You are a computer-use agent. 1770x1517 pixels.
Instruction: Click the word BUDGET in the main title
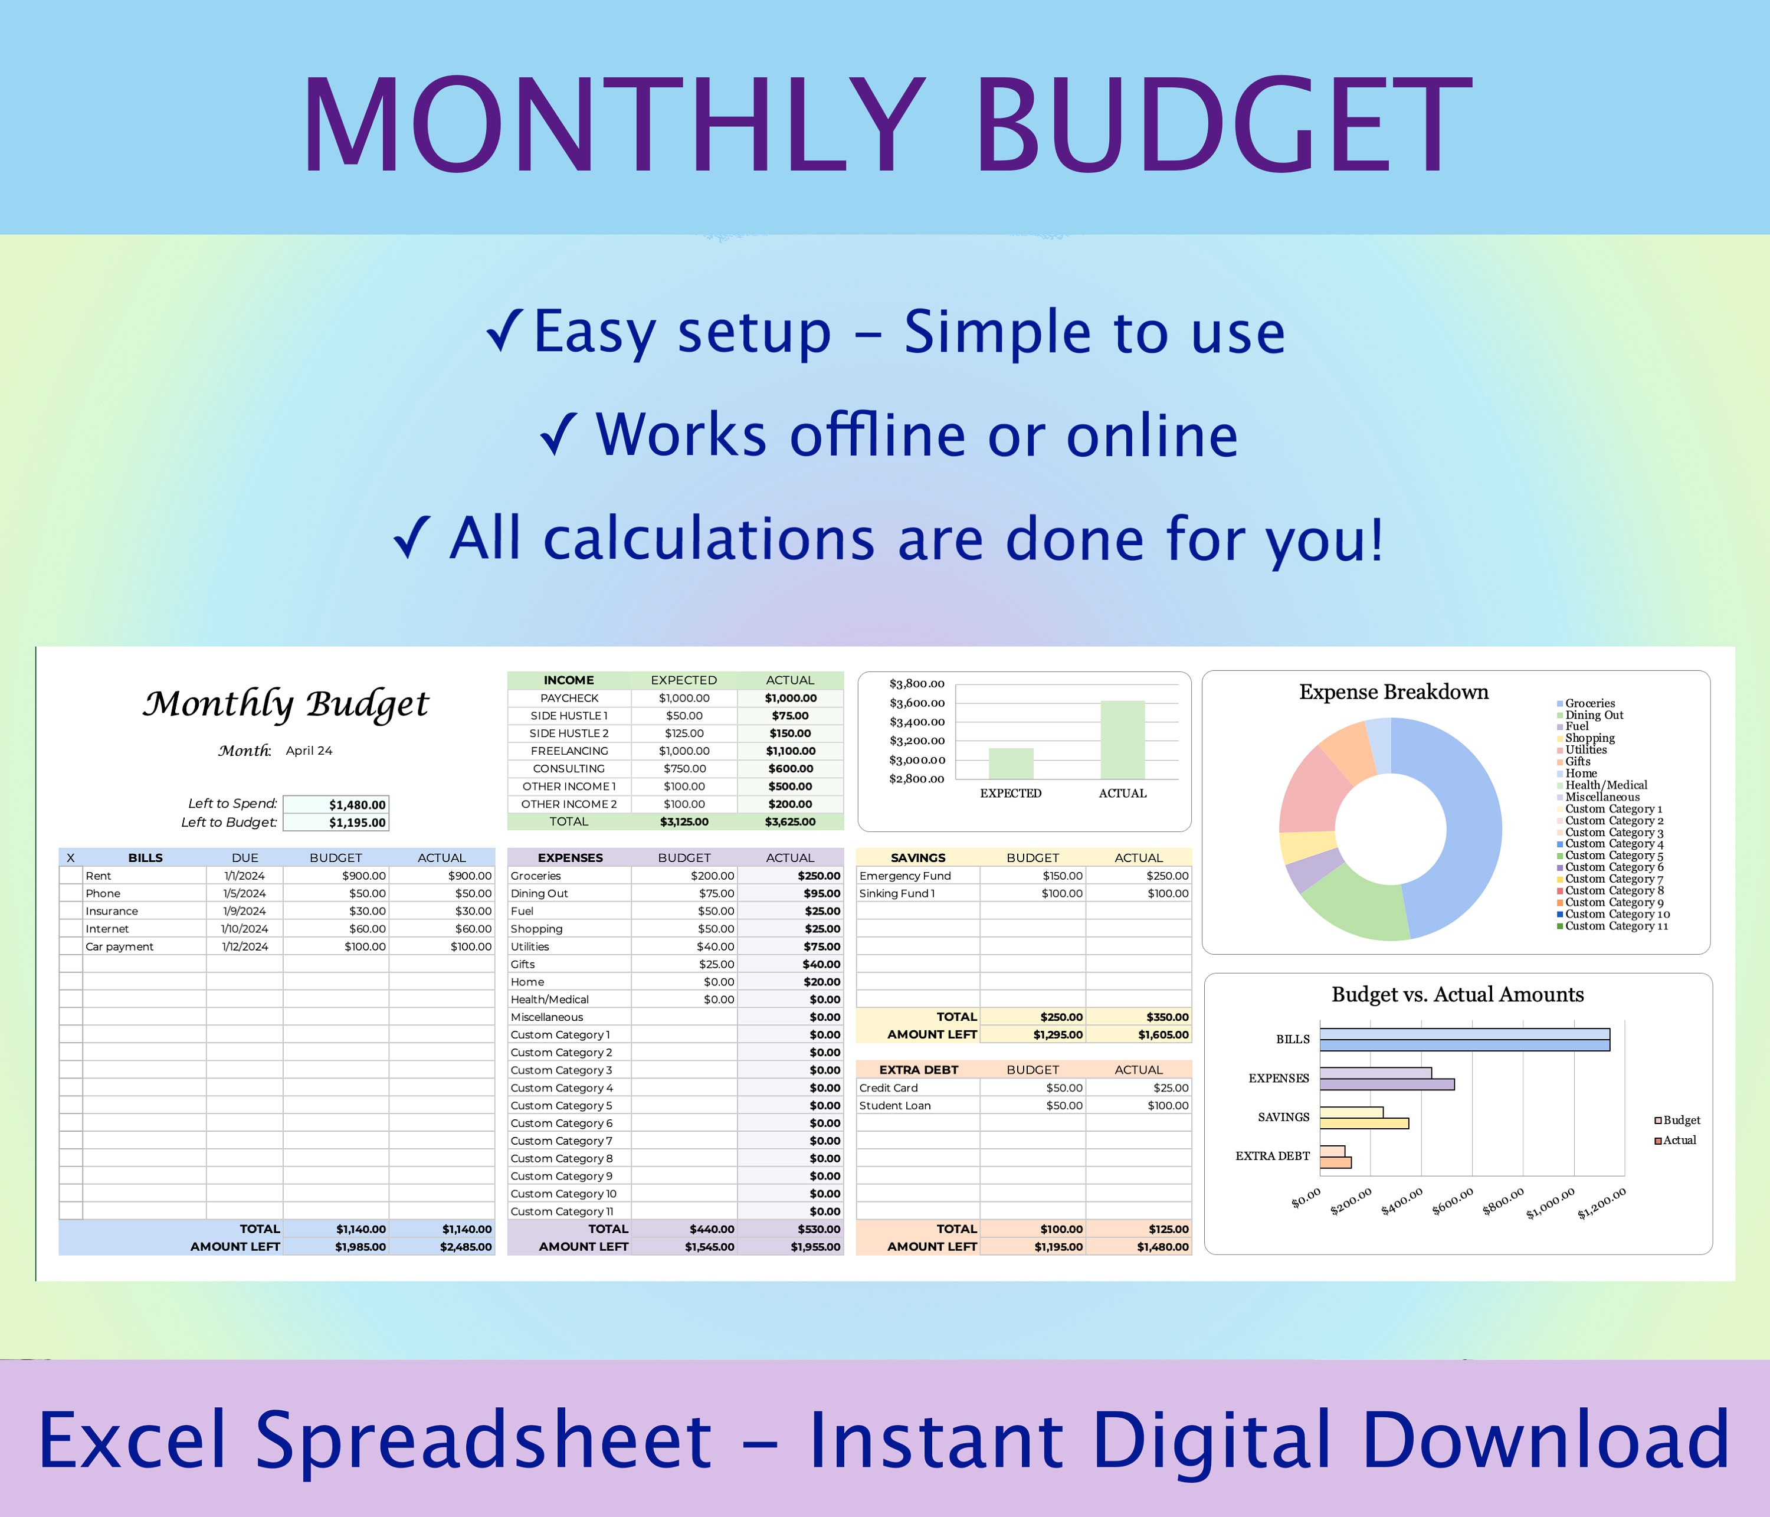[x=1221, y=126]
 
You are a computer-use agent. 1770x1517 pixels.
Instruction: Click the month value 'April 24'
[x=309, y=751]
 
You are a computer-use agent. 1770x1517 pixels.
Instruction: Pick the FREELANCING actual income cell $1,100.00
[x=790, y=751]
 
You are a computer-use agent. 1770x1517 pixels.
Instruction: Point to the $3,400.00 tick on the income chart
[x=917, y=722]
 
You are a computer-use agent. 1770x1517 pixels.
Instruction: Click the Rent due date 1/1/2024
[x=244, y=876]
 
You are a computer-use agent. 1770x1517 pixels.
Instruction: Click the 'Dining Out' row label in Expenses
[x=539, y=893]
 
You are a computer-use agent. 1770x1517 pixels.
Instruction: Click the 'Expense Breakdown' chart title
[x=1393, y=692]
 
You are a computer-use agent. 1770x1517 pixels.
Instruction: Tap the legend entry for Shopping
[x=1589, y=738]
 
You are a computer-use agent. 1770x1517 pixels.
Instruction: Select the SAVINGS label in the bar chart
[x=1283, y=1118]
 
